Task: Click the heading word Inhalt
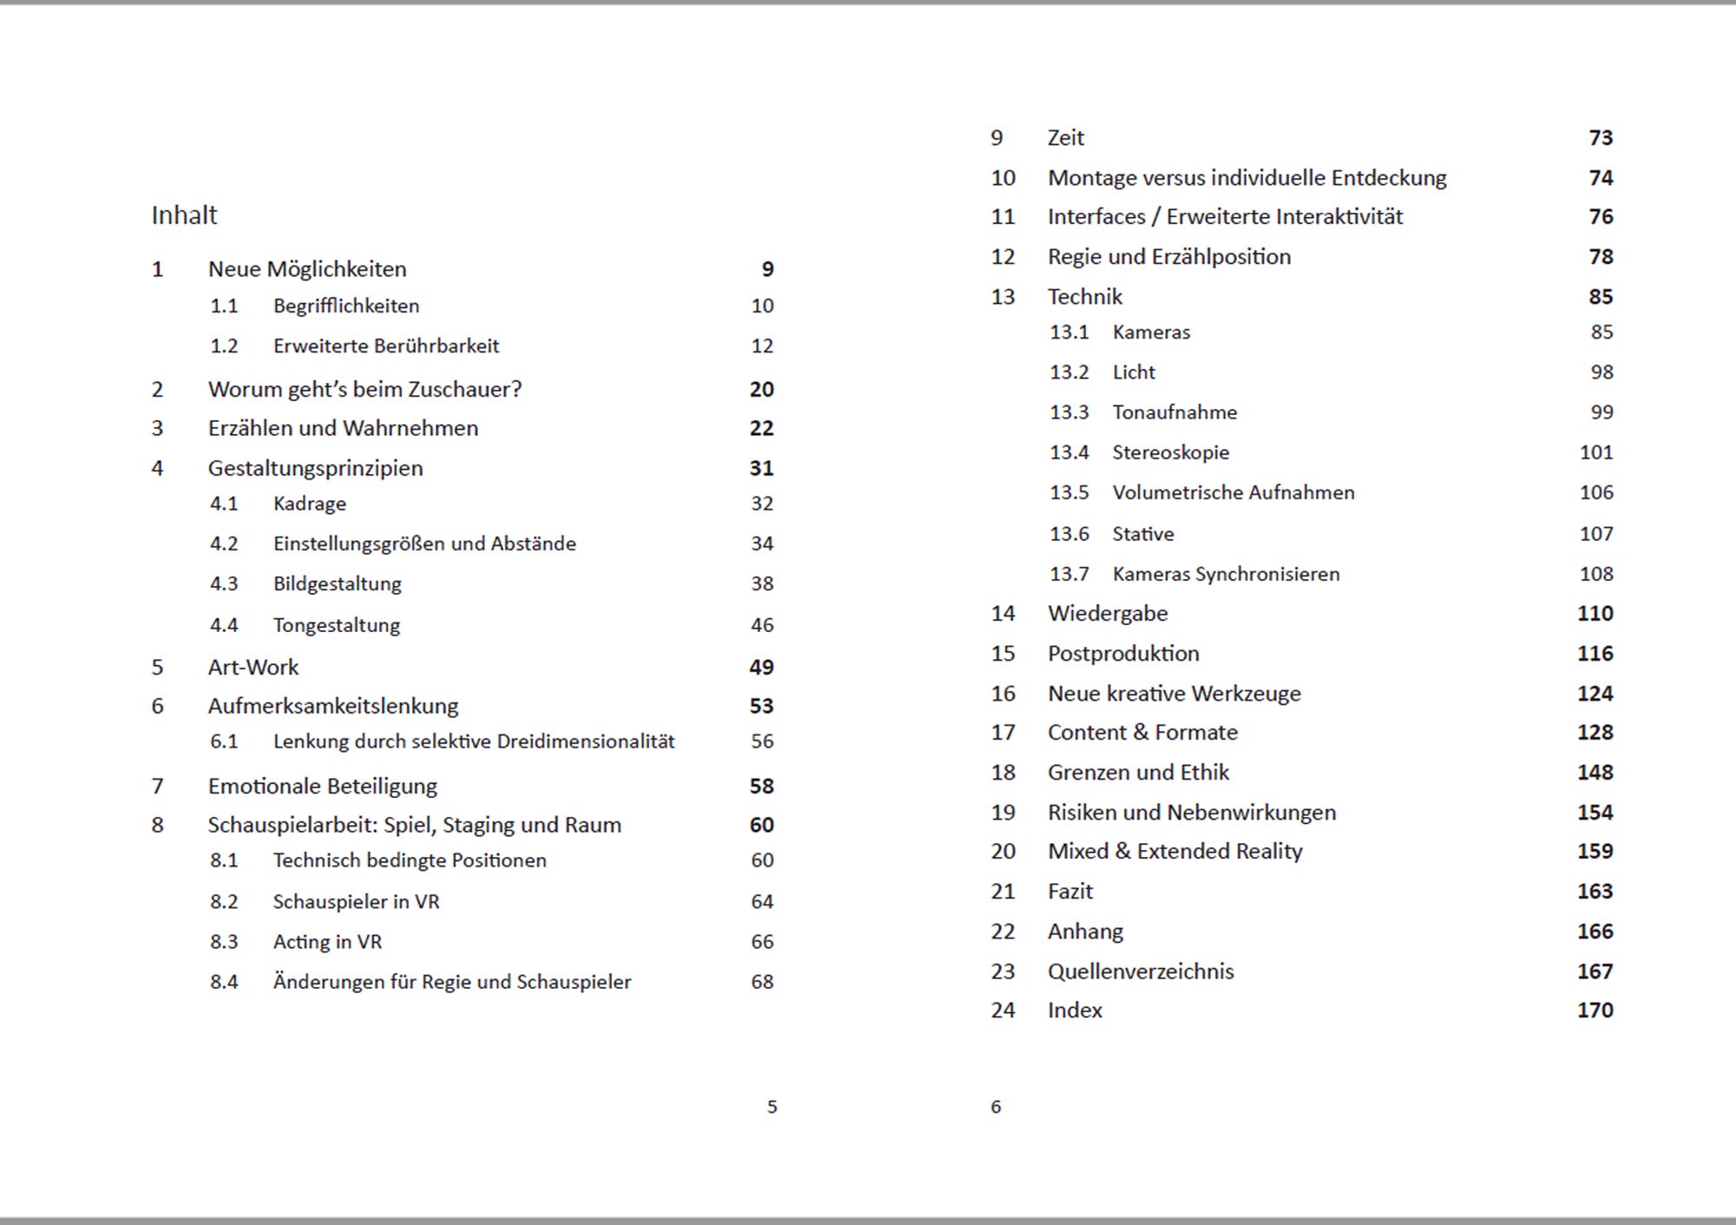pos(184,215)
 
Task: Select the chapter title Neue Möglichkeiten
pos(306,269)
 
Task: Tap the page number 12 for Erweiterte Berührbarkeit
pos(762,346)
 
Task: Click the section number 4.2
pos(224,544)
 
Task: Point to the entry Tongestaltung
pos(337,626)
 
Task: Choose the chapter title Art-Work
pos(253,667)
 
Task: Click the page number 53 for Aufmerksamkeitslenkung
pos(761,706)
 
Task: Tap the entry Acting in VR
pos(327,942)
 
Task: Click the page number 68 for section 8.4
pos(762,982)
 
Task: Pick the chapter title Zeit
pos(1066,138)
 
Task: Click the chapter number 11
pos(1003,217)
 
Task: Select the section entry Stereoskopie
pos(1171,452)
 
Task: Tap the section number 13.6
pos(1069,534)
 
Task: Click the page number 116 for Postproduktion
pos(1595,654)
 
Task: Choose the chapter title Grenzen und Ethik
pos(1138,773)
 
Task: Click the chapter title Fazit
pos(1070,892)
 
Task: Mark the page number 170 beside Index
pos(1595,1011)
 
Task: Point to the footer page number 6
pos(996,1107)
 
